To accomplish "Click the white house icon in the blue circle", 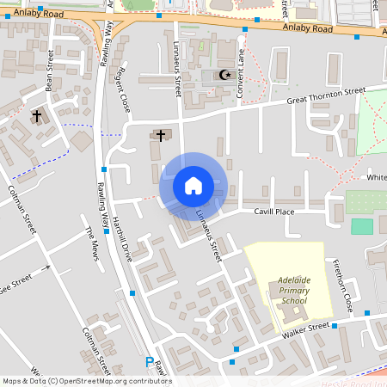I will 193,185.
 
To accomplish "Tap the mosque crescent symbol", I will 226,76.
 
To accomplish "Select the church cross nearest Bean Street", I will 36,115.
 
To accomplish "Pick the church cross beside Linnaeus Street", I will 161,135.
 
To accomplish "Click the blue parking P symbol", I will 150,363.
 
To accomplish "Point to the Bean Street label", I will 50,70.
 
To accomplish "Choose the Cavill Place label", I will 274,212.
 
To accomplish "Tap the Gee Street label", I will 15,284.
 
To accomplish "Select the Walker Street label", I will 306,328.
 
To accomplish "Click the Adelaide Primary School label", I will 292,290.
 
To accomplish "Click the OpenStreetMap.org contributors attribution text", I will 117,380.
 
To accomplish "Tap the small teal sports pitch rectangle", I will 362,226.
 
